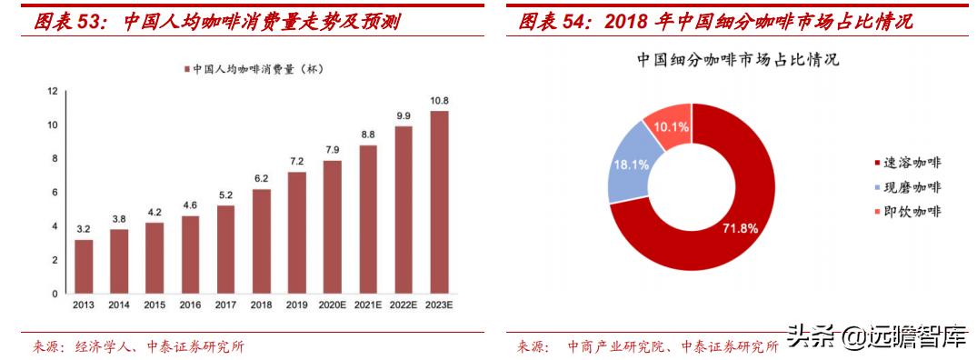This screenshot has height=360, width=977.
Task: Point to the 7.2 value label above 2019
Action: [297, 161]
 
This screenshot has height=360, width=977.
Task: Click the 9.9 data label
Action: [404, 115]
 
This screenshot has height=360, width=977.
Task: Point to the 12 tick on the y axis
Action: [52, 91]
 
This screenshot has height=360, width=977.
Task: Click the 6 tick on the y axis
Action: [54, 193]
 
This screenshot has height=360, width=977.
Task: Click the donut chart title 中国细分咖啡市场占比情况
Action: [736, 62]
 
